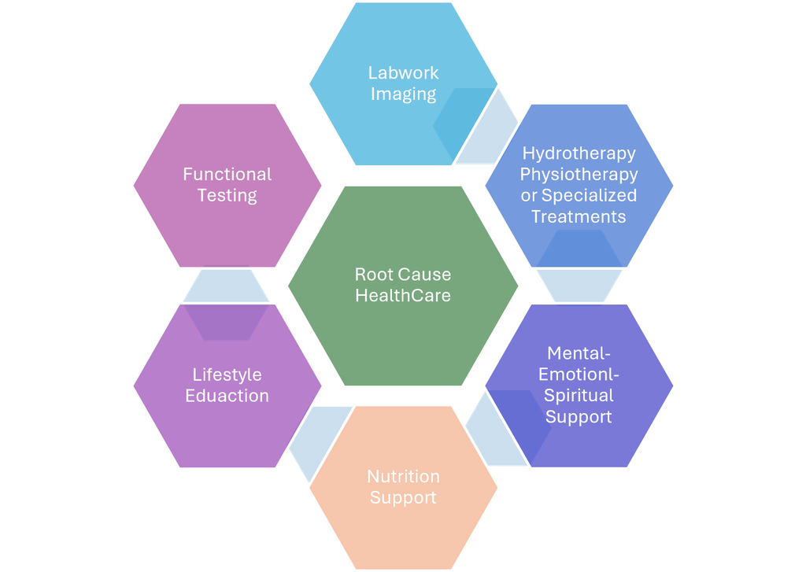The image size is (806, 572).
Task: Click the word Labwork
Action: [x=404, y=73]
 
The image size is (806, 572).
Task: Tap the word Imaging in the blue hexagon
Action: [x=404, y=94]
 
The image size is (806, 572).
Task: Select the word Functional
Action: [x=227, y=174]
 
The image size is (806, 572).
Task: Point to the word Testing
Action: [x=227, y=196]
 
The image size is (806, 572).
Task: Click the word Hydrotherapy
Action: [x=579, y=153]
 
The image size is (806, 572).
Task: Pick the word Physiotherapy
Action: [x=579, y=175]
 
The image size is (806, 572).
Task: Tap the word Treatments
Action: [x=579, y=217]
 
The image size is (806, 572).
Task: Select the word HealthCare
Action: [x=403, y=296]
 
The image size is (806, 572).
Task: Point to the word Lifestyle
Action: [x=227, y=375]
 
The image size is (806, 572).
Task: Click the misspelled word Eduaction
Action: [x=227, y=396]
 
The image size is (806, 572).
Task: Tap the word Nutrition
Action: [x=404, y=477]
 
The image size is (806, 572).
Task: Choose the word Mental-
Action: [x=579, y=353]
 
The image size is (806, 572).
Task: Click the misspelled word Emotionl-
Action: [x=579, y=375]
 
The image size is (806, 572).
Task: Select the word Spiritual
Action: [x=579, y=396]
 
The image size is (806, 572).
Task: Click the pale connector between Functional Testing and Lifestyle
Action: [x=226, y=286]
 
